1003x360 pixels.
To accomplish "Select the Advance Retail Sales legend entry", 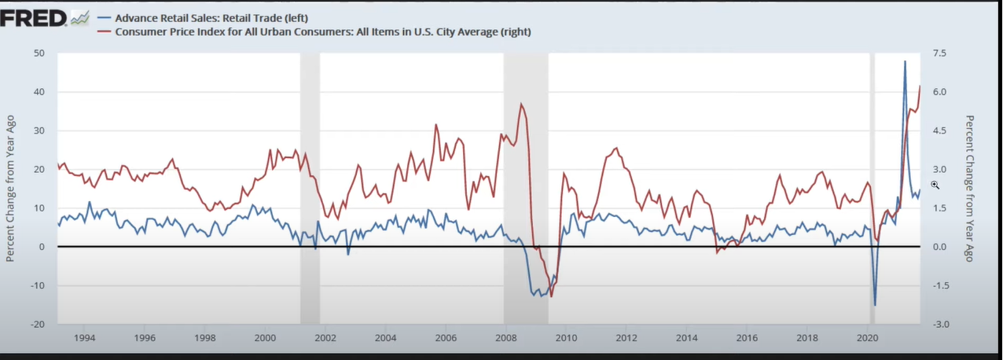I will click(x=212, y=17).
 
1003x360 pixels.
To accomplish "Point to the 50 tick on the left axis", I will click(x=39, y=53).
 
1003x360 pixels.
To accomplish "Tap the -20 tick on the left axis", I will click(x=37, y=325).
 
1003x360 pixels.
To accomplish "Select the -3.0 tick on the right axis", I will click(x=939, y=325).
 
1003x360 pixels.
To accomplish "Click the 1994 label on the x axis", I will click(x=84, y=338).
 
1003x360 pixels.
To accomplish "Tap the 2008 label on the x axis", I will click(x=505, y=338).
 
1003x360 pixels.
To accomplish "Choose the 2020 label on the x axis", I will click(x=866, y=338).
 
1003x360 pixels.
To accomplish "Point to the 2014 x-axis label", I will click(x=686, y=338).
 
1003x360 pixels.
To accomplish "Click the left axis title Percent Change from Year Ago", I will click(x=11, y=189).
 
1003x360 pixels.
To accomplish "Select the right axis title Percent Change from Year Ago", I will click(x=969, y=189).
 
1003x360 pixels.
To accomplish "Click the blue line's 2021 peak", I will click(x=905, y=61).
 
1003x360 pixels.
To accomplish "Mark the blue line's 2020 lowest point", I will click(x=875, y=305).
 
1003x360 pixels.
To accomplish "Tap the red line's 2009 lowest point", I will click(x=551, y=296).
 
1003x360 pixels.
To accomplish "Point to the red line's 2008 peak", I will click(x=521, y=104).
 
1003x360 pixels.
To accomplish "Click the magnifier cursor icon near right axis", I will click(x=935, y=185).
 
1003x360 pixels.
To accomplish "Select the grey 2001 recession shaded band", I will click(x=310, y=189).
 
